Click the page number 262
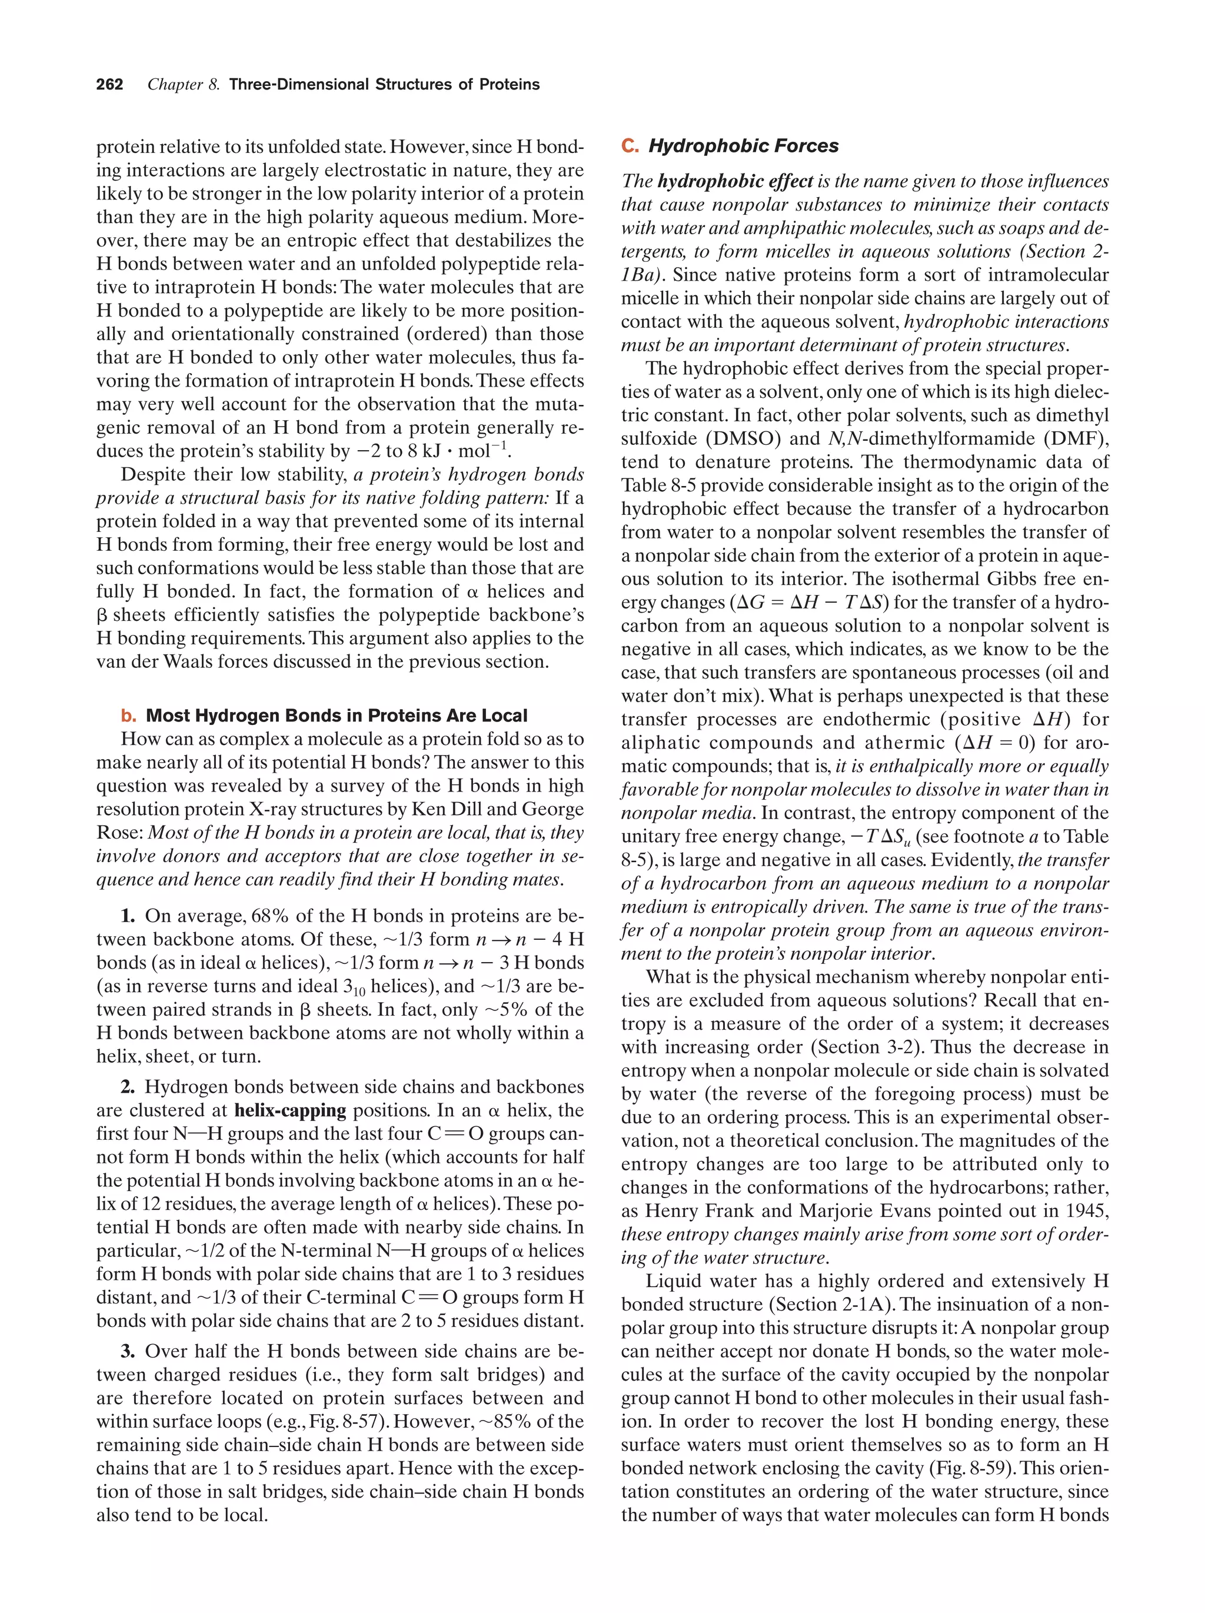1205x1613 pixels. pyautogui.click(x=109, y=85)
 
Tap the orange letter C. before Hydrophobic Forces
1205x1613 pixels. pyautogui.click(x=630, y=146)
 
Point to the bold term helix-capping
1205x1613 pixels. pyautogui.click(x=290, y=1110)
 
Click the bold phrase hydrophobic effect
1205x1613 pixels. pyautogui.click(x=735, y=182)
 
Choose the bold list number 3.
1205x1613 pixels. pyautogui.click(x=128, y=1351)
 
